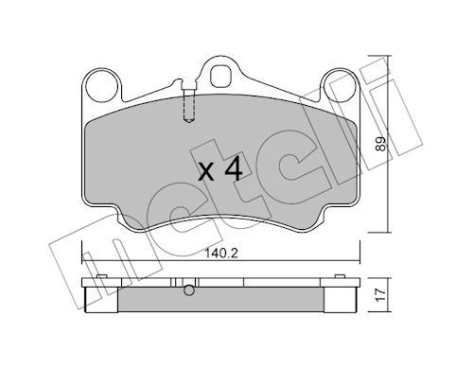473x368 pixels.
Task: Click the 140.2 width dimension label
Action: [x=221, y=253]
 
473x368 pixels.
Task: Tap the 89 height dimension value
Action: [x=381, y=144]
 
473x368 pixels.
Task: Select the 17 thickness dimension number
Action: [x=381, y=295]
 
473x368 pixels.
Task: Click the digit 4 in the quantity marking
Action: [x=234, y=169]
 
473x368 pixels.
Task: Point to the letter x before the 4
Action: [x=206, y=173]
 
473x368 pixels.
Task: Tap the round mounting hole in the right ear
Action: [x=340, y=86]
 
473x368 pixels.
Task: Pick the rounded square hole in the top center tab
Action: [x=221, y=76]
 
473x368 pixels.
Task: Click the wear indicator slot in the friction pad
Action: [x=188, y=105]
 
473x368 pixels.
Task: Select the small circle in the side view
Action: [x=189, y=290]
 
